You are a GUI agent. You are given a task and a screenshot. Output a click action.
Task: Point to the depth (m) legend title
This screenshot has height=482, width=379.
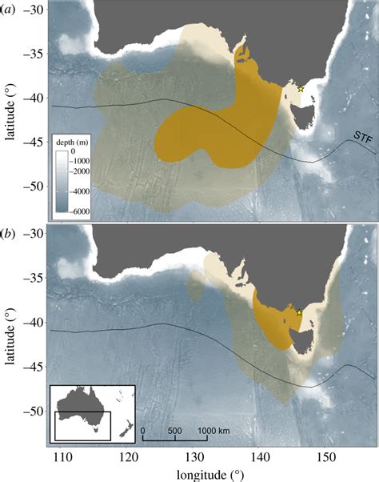[72, 141]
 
